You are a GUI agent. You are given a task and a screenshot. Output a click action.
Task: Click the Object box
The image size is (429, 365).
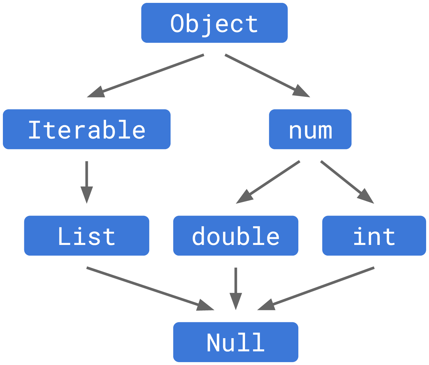click(x=214, y=23)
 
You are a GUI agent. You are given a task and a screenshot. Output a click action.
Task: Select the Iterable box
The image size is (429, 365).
click(x=87, y=129)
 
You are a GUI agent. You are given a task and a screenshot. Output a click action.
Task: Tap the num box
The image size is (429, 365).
click(x=310, y=129)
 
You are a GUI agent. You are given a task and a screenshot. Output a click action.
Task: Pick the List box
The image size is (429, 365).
click(x=87, y=236)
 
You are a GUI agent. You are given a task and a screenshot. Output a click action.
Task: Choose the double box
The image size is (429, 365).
click(x=236, y=236)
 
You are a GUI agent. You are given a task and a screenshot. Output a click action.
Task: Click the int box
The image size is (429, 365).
click(x=374, y=236)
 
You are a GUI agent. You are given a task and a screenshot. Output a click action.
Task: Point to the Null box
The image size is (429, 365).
click(x=236, y=342)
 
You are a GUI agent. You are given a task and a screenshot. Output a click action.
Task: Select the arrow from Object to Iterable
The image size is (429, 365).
click(x=145, y=76)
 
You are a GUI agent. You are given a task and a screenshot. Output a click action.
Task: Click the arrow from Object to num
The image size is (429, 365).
click(x=267, y=76)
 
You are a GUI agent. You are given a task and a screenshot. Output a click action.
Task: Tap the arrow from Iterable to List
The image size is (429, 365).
click(x=87, y=182)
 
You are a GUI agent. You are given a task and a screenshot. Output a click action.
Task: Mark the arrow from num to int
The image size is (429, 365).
click(x=347, y=182)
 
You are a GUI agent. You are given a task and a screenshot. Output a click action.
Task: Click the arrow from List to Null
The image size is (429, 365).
click(x=150, y=288)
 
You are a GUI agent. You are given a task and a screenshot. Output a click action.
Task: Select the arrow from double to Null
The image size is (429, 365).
click(x=236, y=288)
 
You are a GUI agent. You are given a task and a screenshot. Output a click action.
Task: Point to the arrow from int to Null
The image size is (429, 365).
click(x=316, y=288)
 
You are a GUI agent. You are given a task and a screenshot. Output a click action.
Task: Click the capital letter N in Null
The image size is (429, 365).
click(x=213, y=342)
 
